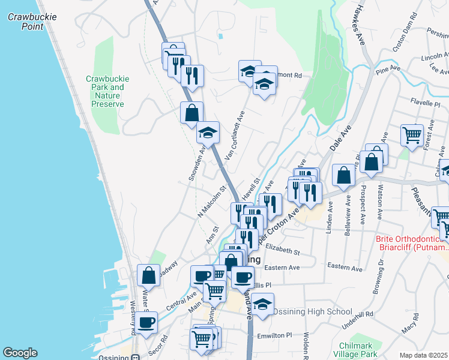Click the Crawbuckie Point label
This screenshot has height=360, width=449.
tap(32, 22)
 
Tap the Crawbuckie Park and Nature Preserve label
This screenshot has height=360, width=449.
tap(107, 91)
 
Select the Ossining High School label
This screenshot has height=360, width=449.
tap(312, 311)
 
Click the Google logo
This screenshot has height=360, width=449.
tap(20, 352)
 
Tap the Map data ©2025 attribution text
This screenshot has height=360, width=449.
tap(423, 355)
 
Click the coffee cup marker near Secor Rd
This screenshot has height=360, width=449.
tap(146, 322)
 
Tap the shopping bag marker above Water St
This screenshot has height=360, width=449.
tap(148, 275)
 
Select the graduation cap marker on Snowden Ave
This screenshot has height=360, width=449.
tap(208, 132)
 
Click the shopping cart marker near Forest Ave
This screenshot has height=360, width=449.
tap(412, 135)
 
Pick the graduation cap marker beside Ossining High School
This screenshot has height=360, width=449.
tap(262, 304)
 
